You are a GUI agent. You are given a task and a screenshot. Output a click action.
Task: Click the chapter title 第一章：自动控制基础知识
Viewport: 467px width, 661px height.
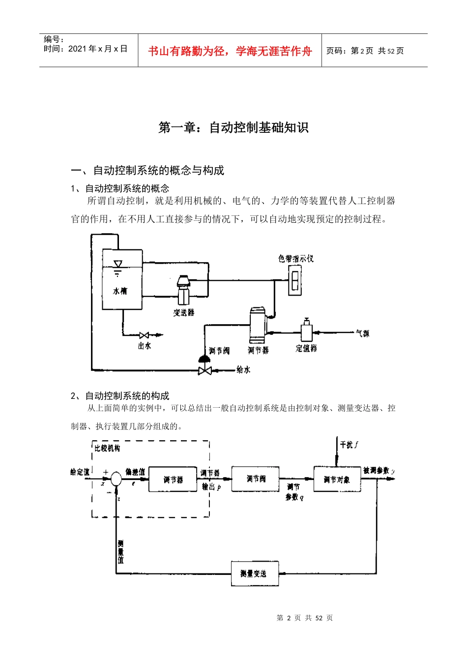tap(233, 128)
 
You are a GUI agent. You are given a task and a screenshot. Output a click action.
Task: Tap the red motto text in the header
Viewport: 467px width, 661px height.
tap(230, 51)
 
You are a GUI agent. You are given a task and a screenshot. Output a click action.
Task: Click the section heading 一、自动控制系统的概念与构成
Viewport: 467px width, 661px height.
tap(147, 171)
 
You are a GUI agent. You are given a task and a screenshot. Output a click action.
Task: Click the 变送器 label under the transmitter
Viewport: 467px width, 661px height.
tap(183, 313)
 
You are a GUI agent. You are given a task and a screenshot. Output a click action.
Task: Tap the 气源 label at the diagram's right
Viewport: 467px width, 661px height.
tap(362, 333)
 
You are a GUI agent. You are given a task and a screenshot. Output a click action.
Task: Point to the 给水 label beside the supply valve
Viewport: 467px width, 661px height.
tap(243, 370)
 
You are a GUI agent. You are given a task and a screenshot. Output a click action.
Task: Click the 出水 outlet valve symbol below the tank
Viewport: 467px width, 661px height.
tap(144, 335)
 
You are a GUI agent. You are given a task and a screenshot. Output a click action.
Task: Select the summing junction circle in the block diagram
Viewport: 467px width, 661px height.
tap(116, 479)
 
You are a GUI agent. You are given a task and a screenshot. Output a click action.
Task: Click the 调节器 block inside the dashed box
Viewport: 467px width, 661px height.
tap(173, 479)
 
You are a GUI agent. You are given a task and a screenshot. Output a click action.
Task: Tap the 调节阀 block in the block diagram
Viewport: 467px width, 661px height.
tap(255, 479)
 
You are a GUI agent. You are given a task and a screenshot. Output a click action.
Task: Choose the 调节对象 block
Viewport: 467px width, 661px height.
tap(337, 479)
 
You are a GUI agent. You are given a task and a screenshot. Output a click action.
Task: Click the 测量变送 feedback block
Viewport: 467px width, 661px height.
tap(255, 573)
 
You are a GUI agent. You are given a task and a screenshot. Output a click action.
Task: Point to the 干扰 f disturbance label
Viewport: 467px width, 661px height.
tap(349, 445)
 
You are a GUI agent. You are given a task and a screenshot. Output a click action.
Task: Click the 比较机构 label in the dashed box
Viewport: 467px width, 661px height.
tap(107, 449)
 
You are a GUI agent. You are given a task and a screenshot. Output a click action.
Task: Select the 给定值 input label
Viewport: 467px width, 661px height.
tap(80, 472)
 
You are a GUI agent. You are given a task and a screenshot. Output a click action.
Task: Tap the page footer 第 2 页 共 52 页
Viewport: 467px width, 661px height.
tap(304, 618)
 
